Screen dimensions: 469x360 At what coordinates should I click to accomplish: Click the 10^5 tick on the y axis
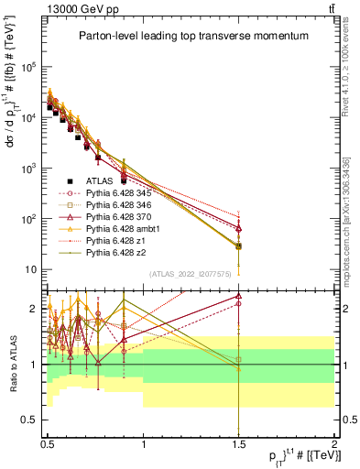[31, 67]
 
